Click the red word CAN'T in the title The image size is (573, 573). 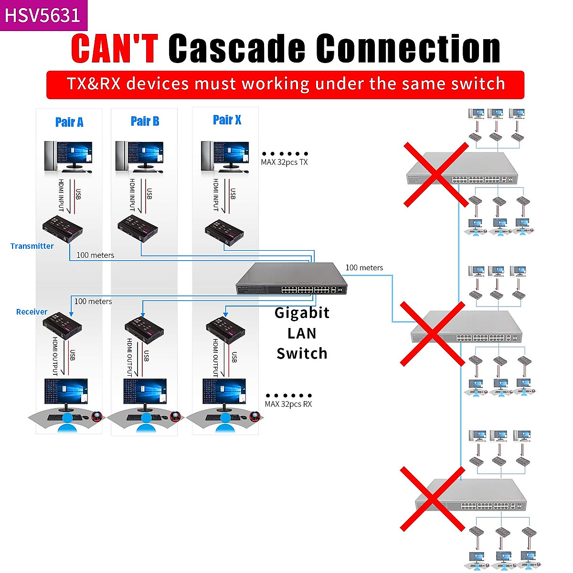(x=115, y=48)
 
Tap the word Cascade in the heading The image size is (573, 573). (x=236, y=48)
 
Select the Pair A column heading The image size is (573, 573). (x=69, y=122)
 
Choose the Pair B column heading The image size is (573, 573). (x=145, y=121)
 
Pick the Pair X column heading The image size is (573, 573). (x=227, y=120)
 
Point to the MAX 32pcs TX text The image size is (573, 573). (x=284, y=162)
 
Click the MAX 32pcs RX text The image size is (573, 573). (x=288, y=404)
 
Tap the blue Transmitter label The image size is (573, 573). (x=32, y=246)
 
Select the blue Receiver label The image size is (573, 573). (x=32, y=312)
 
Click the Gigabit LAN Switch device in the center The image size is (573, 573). (x=291, y=279)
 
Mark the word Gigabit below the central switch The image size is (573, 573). (x=302, y=313)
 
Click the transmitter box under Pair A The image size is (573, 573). (x=63, y=228)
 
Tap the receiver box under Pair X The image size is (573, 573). (x=225, y=329)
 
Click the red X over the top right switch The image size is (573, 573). (x=436, y=174)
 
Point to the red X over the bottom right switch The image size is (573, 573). (x=432, y=499)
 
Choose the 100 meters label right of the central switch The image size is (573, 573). (x=364, y=268)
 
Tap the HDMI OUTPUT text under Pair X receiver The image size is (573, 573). (x=216, y=357)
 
